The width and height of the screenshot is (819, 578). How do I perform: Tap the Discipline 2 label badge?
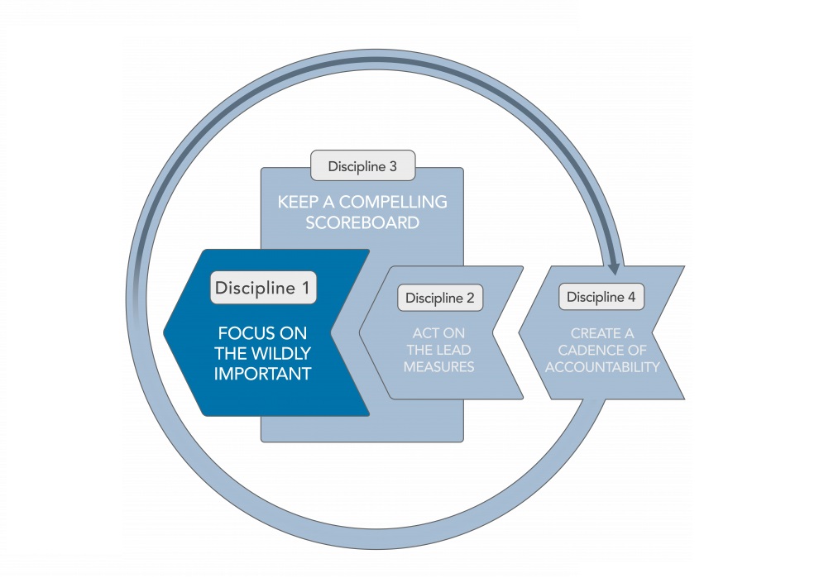pyautogui.click(x=439, y=299)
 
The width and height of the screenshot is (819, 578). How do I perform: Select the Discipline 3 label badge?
pyautogui.click(x=362, y=166)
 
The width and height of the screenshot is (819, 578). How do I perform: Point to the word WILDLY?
pyautogui.click(x=279, y=354)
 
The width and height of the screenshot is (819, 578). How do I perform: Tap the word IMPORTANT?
pyautogui.click(x=262, y=374)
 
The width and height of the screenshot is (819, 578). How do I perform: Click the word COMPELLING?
pyautogui.click(x=395, y=202)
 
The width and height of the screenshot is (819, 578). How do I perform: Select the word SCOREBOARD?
pyautogui.click(x=362, y=222)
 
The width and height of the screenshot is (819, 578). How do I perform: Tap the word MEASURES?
pyautogui.click(x=439, y=365)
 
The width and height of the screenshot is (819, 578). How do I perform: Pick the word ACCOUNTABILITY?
pyautogui.click(x=602, y=366)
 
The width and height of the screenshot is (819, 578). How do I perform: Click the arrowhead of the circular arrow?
pyautogui.click(x=614, y=267)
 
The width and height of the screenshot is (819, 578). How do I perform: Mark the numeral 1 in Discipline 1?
pyautogui.click(x=304, y=288)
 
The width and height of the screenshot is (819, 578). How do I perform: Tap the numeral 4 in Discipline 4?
pyautogui.click(x=635, y=297)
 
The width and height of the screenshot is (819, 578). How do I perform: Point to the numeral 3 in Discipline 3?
pyautogui.click(x=392, y=166)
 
